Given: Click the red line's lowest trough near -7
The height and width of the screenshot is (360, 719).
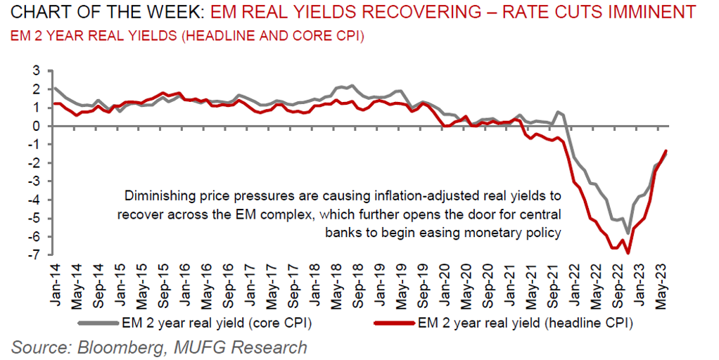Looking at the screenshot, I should click(628, 253).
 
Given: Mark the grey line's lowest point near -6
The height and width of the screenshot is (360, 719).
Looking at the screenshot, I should click(628, 233).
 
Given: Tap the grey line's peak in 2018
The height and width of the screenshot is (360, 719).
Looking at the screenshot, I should click(352, 86).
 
